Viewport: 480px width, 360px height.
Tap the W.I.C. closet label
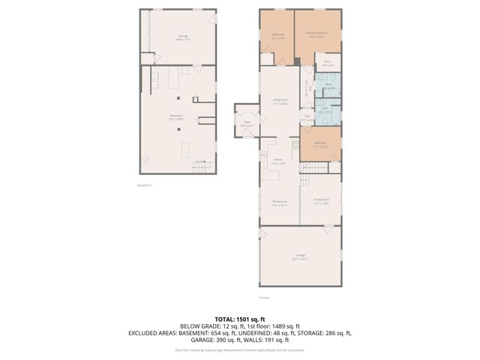(x=328, y=63)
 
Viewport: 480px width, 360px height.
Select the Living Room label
(x=280, y=103)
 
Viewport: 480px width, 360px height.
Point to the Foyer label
(x=247, y=123)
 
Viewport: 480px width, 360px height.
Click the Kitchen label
(x=277, y=162)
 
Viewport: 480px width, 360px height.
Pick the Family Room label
(x=321, y=201)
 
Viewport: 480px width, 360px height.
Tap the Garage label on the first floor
(x=300, y=256)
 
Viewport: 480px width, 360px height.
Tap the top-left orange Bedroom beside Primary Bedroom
(x=277, y=34)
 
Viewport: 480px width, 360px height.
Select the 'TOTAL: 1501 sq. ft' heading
(x=239, y=319)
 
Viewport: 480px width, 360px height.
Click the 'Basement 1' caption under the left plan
(x=145, y=185)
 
